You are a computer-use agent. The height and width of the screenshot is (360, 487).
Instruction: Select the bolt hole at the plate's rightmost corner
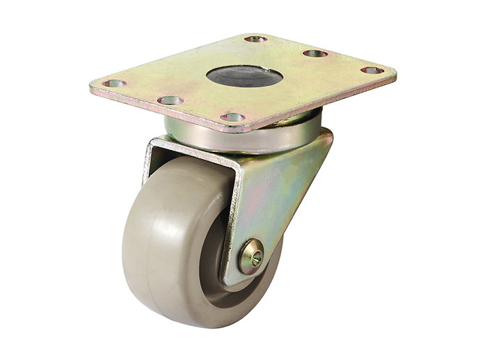tap(372, 70)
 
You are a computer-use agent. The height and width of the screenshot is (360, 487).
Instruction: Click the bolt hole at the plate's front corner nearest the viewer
tap(233, 117)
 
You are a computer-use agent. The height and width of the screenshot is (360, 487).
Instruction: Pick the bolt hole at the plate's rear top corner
tap(255, 39)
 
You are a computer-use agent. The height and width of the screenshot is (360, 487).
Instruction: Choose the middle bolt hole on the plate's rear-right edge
tap(315, 54)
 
